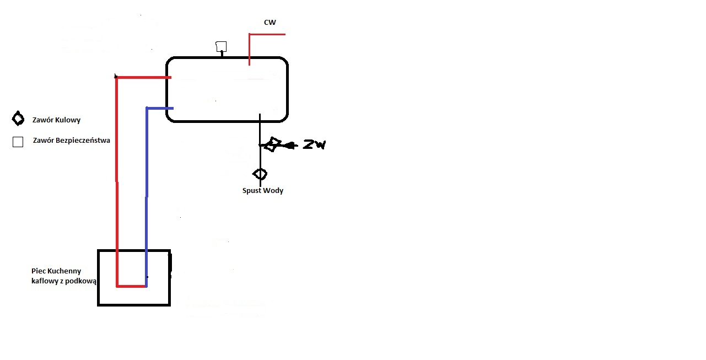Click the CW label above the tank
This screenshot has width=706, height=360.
point(270,23)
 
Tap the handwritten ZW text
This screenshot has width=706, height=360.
point(314,144)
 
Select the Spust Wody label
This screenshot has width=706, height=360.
point(262,191)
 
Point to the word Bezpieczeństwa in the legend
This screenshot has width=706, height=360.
point(83,141)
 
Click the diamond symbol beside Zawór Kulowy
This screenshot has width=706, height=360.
point(18,119)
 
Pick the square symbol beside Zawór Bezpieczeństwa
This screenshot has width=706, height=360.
point(18,142)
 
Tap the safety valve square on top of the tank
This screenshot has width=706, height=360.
point(221,47)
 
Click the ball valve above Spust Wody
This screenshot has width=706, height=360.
point(260,174)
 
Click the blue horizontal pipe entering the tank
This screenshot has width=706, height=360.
point(160,108)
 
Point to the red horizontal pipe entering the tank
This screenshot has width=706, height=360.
point(143,77)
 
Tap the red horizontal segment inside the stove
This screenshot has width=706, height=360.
point(131,286)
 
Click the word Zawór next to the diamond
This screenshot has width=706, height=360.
point(43,120)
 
